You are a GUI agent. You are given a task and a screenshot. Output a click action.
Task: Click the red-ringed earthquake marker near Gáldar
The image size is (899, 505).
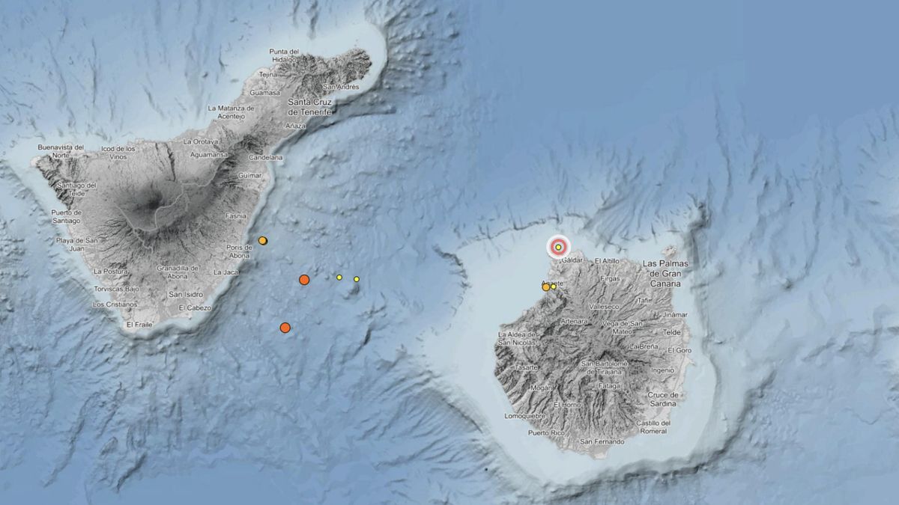click(x=558, y=247)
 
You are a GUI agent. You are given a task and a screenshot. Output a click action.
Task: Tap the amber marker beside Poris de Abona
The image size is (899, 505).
click(x=263, y=240)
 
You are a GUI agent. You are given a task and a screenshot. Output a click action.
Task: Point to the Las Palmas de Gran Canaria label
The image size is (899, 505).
click(x=665, y=274)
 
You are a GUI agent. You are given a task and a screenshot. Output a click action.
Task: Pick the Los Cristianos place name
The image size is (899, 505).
click(x=115, y=304)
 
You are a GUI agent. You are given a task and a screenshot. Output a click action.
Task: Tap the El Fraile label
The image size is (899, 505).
click(x=139, y=325)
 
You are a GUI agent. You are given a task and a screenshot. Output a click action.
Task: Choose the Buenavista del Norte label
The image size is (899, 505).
click(x=61, y=151)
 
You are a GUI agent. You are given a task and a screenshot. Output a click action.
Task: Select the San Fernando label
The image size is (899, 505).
click(x=602, y=441)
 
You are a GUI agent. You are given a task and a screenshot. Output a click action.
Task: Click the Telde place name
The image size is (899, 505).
click(x=672, y=331)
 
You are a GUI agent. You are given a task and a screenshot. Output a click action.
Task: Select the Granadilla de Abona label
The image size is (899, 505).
click(x=178, y=272)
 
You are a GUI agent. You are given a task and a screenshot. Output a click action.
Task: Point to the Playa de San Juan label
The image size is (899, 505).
click(x=77, y=244)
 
